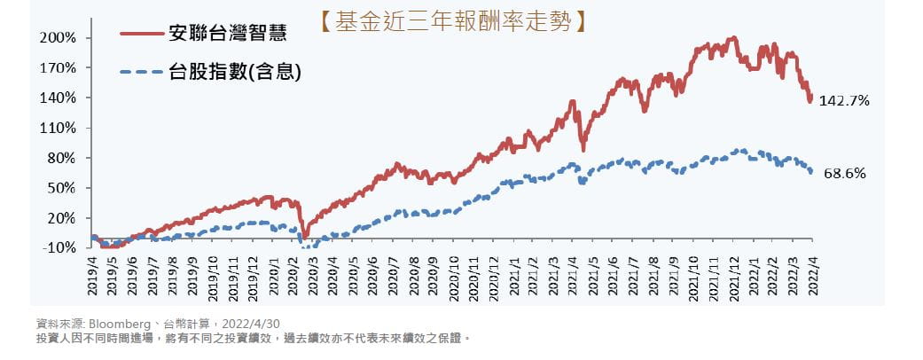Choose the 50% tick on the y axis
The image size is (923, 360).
[x=60, y=188]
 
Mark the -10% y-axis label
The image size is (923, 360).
[x=59, y=247]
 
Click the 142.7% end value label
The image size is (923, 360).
[x=844, y=101]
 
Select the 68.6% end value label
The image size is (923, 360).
[x=844, y=174]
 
